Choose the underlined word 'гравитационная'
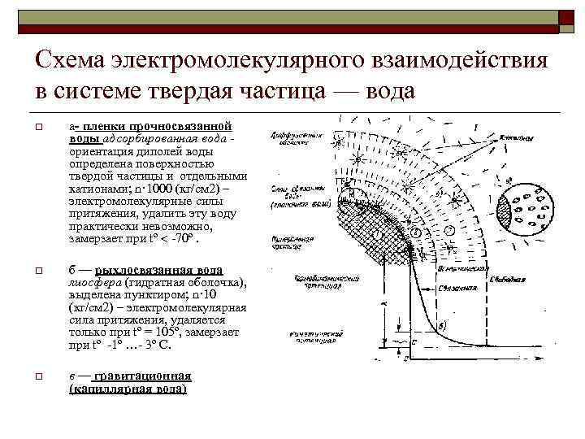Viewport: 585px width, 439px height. point(143,376)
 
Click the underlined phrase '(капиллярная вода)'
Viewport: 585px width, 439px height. point(128,389)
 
